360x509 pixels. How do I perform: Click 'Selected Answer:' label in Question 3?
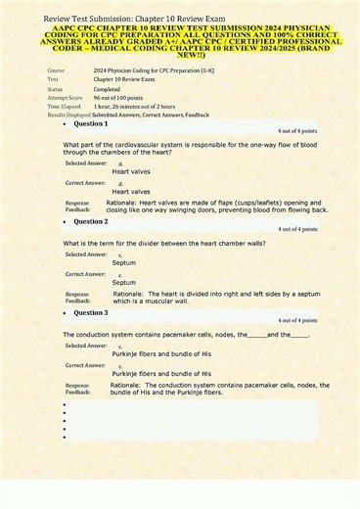[x=86, y=345]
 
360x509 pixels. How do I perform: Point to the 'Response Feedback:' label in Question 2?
[x=77, y=297]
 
